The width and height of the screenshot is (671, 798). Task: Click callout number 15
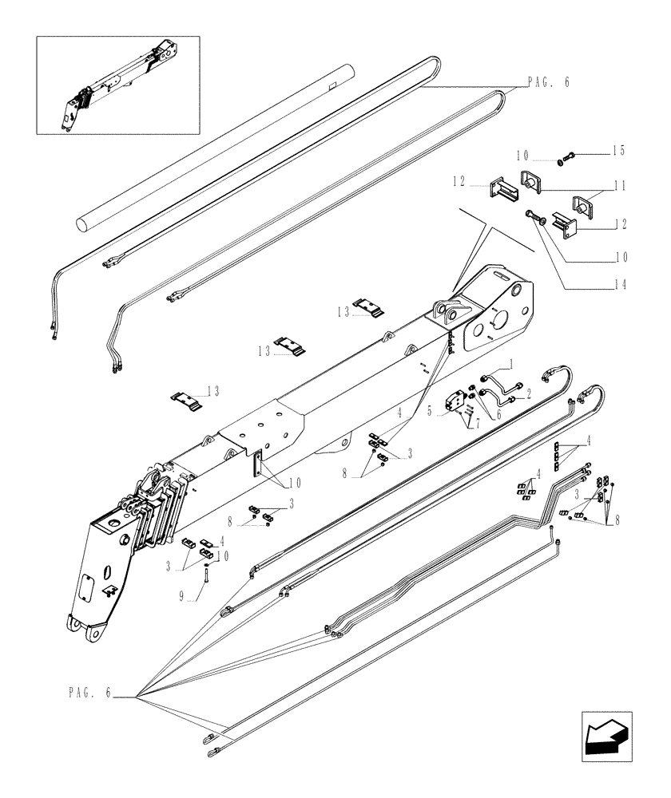619,151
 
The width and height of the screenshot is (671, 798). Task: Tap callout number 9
182,595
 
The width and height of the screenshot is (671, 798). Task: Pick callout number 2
528,393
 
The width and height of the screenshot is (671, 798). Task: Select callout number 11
620,184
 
